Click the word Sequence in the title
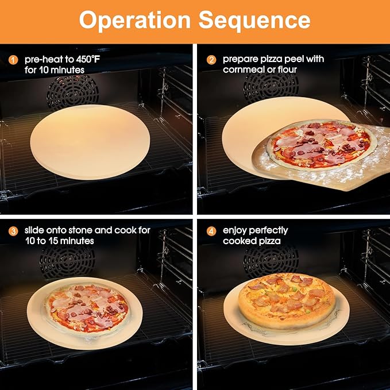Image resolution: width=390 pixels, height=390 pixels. (254, 20)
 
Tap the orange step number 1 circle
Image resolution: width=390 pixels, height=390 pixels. (13, 59)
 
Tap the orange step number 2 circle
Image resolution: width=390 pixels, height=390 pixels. (211, 59)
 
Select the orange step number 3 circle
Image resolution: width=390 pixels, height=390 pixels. (13, 230)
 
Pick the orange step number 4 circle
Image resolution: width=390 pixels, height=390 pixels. (211, 230)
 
